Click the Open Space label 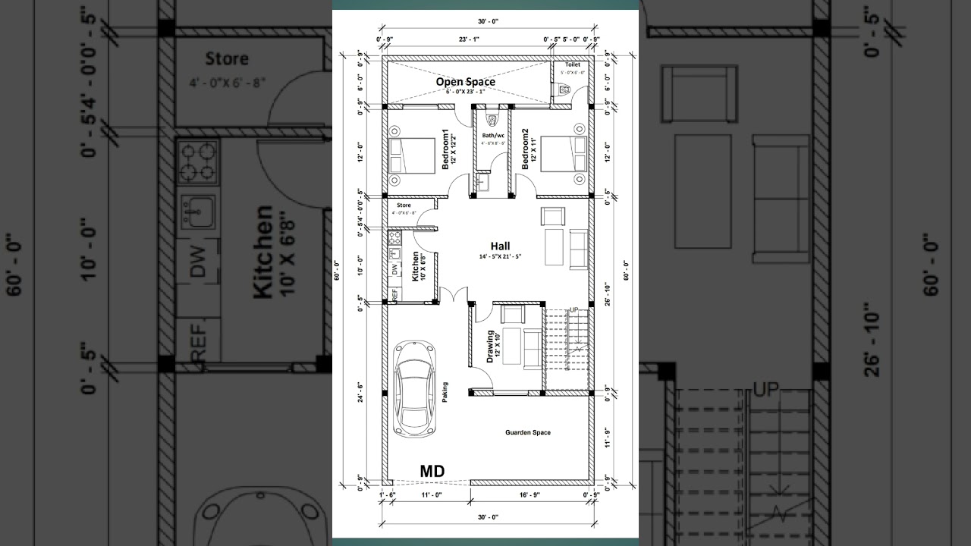pos(465,81)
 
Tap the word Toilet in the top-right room pos(572,65)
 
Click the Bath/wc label pos(493,136)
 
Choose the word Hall pos(500,246)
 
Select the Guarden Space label pos(528,433)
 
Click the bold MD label pos(432,471)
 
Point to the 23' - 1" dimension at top pos(467,39)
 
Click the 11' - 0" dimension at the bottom pos(432,494)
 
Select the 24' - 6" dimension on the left pos(360,391)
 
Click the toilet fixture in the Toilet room pos(562,89)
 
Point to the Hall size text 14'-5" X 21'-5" pos(499,257)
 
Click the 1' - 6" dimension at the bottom pos(387,494)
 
